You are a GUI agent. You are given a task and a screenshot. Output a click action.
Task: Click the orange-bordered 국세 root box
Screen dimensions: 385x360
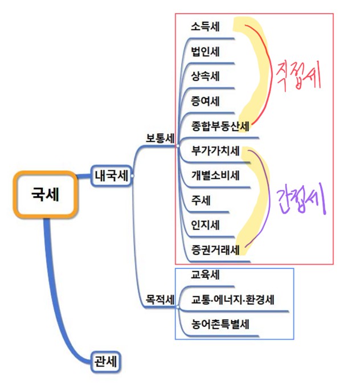point(45,194)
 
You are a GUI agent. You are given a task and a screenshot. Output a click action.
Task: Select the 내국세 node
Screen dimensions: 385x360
point(111,175)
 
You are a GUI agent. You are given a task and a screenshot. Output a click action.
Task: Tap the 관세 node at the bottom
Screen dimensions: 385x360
point(107,361)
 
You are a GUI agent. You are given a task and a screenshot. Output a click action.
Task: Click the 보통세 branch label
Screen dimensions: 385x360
point(160,138)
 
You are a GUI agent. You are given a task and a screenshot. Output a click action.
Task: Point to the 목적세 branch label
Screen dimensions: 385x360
point(160,299)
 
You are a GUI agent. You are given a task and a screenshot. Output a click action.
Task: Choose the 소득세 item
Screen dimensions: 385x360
point(206,26)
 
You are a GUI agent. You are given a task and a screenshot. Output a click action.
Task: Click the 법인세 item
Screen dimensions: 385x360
point(206,52)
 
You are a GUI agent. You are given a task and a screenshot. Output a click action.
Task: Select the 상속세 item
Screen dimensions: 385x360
point(206,76)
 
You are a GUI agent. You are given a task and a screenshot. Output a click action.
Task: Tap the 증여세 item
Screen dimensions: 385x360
point(206,101)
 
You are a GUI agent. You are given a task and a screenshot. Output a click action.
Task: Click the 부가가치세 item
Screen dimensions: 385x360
point(216,151)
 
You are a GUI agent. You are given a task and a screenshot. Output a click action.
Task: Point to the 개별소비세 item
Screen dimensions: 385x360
point(216,175)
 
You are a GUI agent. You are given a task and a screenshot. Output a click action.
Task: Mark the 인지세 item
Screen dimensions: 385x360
point(206,224)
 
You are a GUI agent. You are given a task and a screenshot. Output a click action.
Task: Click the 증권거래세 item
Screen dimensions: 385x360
point(216,249)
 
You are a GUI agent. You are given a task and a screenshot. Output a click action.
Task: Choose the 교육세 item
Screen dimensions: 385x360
point(206,275)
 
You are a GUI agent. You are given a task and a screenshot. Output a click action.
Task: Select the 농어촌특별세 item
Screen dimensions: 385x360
point(221,325)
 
